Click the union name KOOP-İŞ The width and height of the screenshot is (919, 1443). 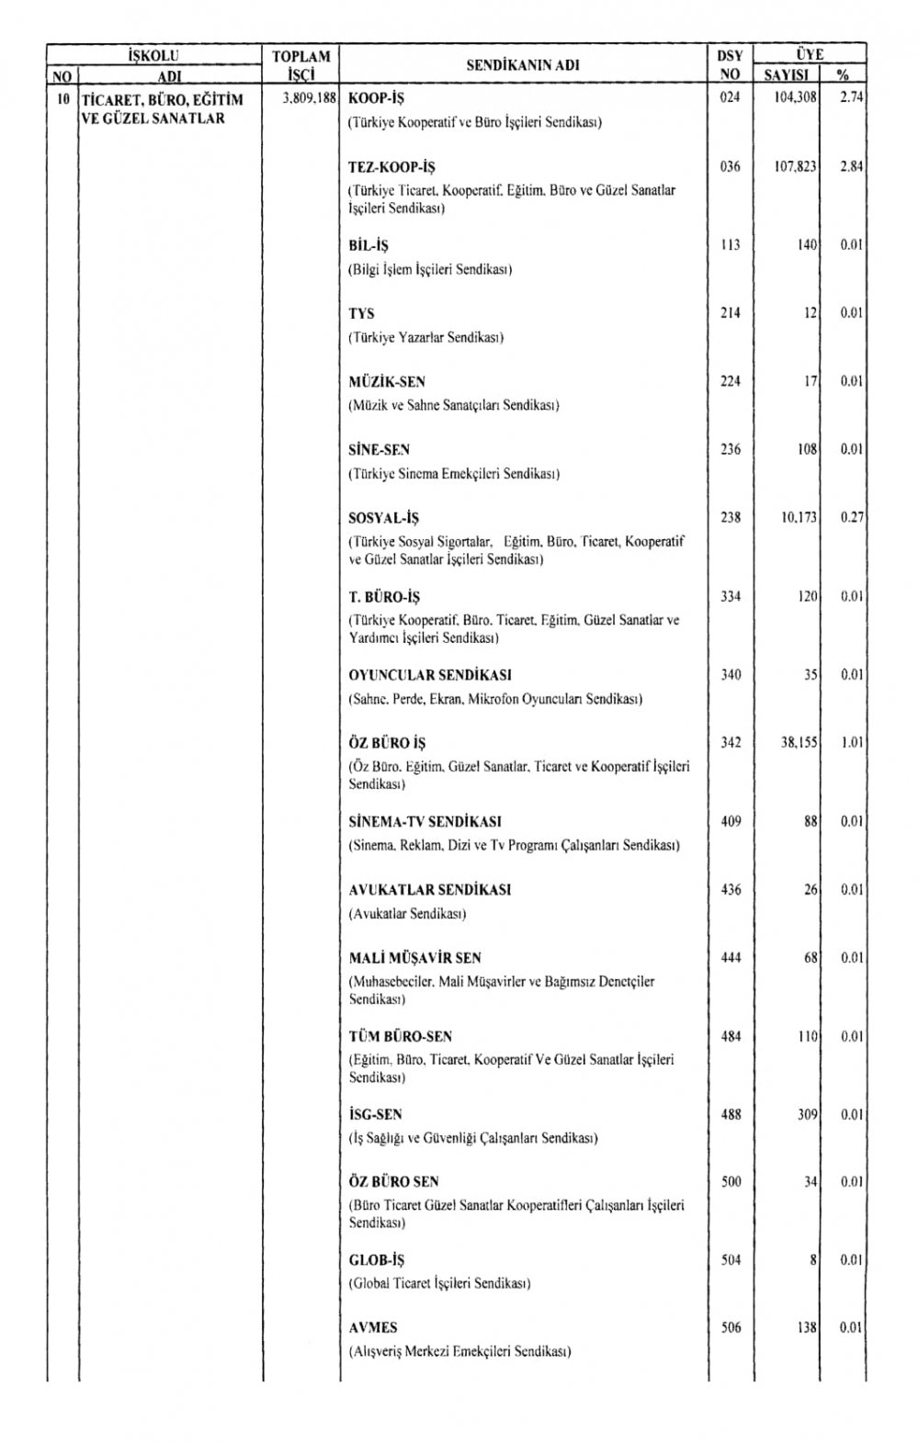376,98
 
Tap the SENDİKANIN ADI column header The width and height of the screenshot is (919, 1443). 523,65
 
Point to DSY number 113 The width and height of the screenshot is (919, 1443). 730,245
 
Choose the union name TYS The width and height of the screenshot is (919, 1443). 361,313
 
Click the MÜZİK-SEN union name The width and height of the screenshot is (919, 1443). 387,381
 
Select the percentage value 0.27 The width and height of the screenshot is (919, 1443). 851,517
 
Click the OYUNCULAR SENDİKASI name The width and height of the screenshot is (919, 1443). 430,675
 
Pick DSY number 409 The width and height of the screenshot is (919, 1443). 730,822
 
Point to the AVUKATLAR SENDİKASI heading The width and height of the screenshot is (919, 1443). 430,890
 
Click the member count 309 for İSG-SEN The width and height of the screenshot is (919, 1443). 807,1114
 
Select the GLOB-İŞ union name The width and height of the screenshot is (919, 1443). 376,1260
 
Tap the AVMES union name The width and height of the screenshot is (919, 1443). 373,1328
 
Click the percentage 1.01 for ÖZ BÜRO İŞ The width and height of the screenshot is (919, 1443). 851,742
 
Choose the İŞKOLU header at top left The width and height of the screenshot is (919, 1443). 153,55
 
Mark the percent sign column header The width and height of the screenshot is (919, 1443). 842,76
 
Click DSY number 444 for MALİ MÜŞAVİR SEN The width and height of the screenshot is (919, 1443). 730,958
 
